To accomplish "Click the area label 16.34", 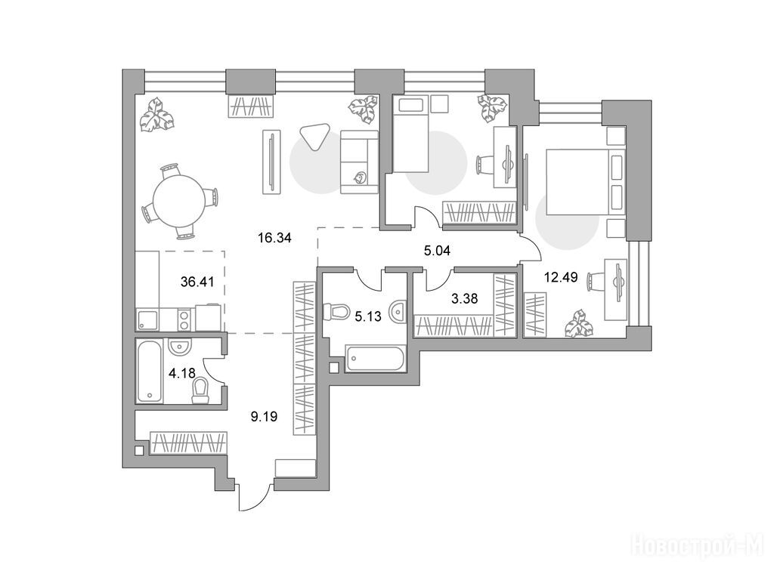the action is [274, 238].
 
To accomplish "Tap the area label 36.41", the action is [197, 282].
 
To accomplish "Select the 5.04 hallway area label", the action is [437, 251].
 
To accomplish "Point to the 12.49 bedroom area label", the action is [561, 277].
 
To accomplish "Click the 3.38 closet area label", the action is [465, 298].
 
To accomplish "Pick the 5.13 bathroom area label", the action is [368, 316].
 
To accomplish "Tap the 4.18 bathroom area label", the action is [181, 373].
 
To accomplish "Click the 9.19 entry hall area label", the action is [264, 417].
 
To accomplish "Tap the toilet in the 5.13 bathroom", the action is [336, 311].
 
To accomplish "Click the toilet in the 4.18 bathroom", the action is [200, 391].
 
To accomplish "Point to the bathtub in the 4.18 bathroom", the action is [149, 370].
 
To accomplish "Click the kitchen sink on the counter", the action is [147, 320].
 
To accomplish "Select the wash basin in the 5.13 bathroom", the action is [398, 312].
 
